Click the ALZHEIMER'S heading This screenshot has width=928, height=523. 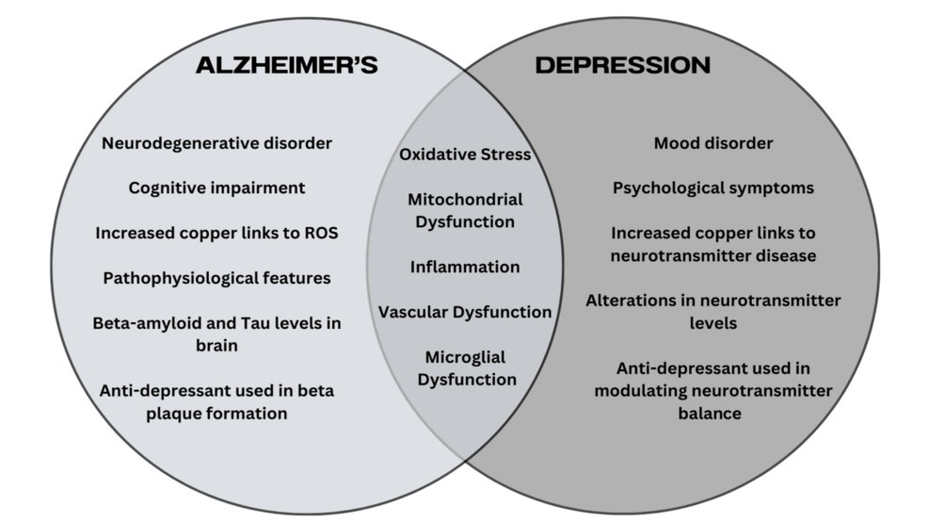(x=286, y=65)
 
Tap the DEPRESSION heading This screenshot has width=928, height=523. (x=622, y=65)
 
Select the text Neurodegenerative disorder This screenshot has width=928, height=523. (x=216, y=143)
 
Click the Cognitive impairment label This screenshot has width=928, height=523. (x=216, y=188)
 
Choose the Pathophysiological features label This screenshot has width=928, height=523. (x=216, y=278)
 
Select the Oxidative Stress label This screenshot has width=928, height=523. (x=465, y=154)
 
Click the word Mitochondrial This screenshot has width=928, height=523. (x=465, y=199)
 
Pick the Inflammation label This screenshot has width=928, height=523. (x=465, y=267)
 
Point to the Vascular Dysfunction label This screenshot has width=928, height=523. (x=465, y=312)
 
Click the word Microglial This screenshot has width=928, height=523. (x=465, y=357)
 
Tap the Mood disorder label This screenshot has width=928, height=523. (x=713, y=143)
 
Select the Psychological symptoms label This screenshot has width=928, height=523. (x=713, y=188)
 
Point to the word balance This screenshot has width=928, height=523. (x=713, y=413)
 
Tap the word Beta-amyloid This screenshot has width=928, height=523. (x=143, y=323)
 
